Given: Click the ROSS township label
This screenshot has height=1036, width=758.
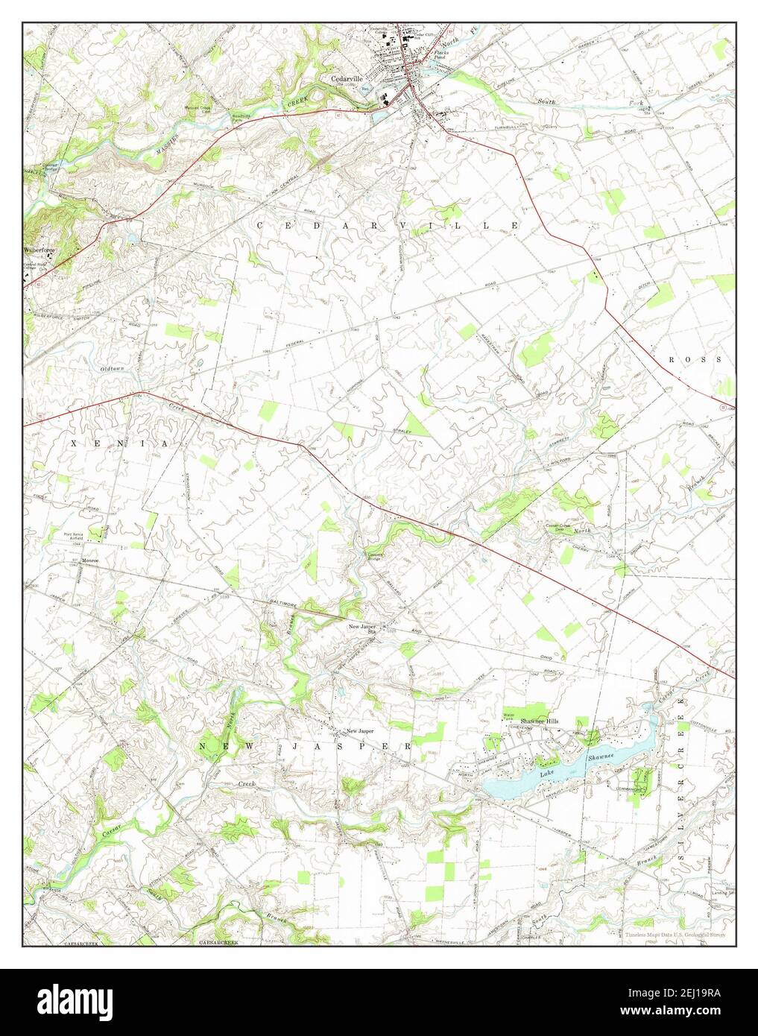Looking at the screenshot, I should click(x=694, y=359).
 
